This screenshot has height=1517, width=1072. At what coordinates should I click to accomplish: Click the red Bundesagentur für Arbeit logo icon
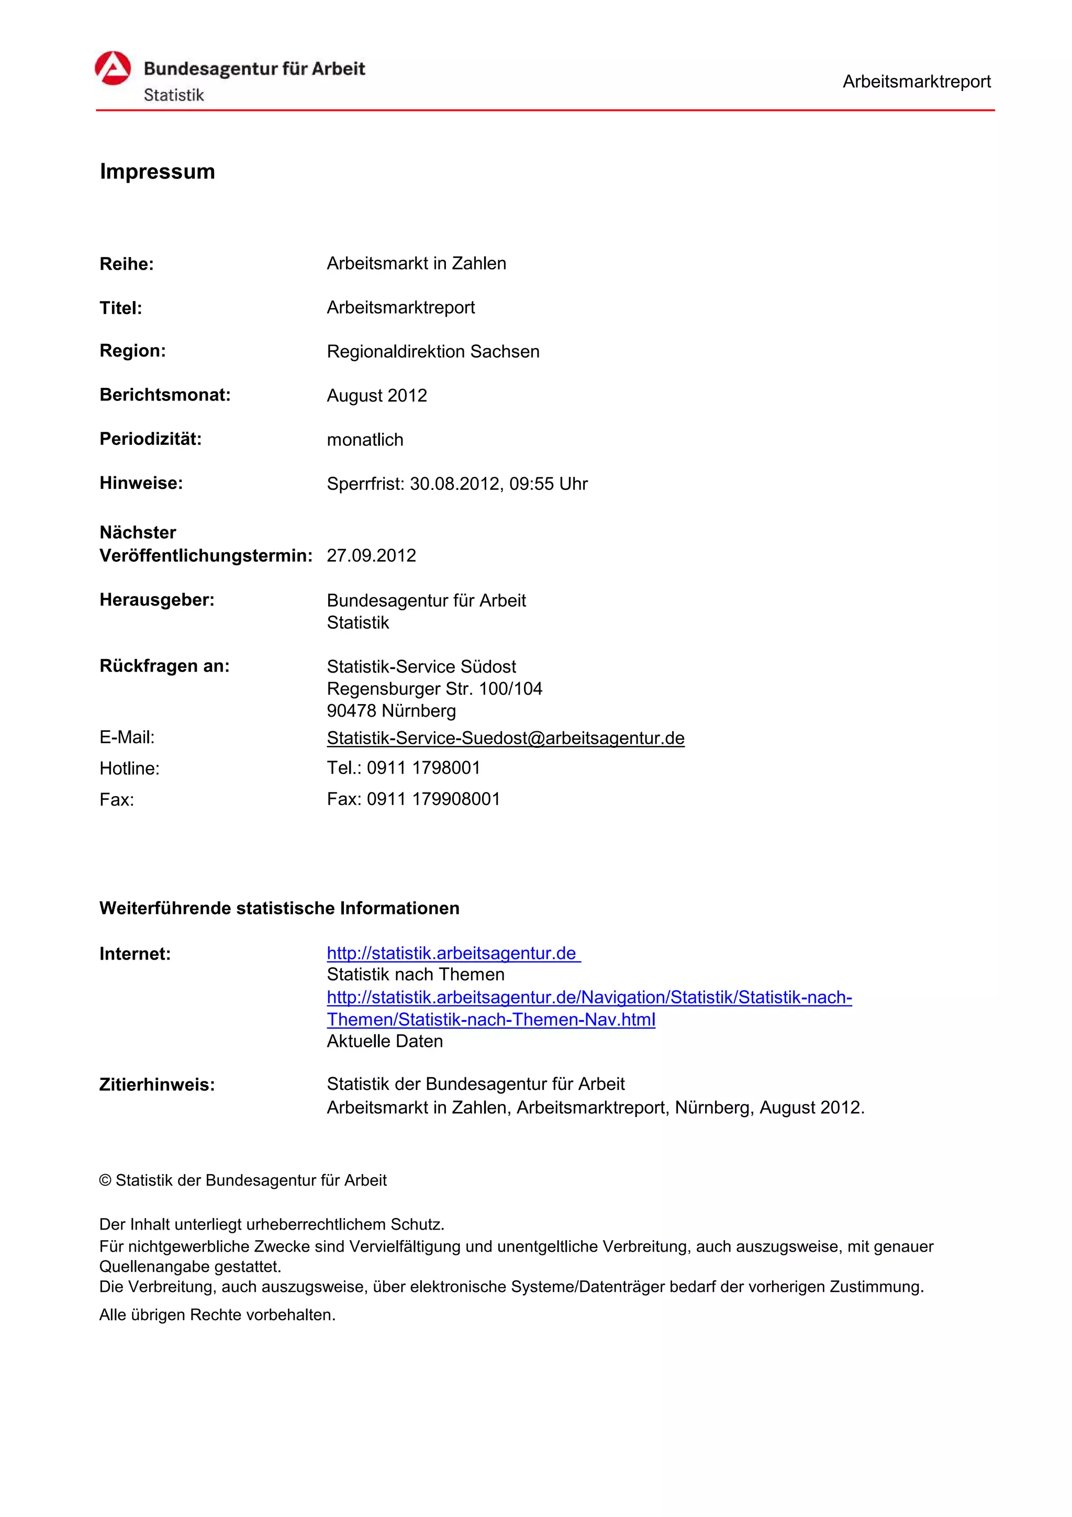point(113,69)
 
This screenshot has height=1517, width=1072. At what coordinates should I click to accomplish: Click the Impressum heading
point(157,172)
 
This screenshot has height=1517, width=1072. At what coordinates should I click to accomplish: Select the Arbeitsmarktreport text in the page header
point(916,82)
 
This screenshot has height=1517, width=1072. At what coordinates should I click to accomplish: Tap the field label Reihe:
point(126,264)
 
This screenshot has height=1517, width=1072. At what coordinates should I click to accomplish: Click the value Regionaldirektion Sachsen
point(433,351)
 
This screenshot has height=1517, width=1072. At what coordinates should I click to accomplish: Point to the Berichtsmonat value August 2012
point(376,396)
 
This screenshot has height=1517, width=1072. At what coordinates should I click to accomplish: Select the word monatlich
point(365,440)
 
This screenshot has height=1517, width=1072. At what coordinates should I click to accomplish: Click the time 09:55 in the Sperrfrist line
point(531,484)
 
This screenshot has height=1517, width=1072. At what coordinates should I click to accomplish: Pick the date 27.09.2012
point(371,556)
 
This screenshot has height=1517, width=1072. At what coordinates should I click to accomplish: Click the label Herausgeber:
point(157,600)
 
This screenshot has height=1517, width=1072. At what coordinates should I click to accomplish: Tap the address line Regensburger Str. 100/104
point(434,689)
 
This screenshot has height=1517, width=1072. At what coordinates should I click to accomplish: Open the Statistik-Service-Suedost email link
point(505,738)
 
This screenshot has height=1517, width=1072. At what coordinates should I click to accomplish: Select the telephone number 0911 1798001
point(423,768)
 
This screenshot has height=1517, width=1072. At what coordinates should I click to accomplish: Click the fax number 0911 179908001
point(433,799)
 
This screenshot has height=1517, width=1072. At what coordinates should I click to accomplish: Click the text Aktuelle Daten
point(384,1041)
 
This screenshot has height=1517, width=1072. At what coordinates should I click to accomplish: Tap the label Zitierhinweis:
point(157,1085)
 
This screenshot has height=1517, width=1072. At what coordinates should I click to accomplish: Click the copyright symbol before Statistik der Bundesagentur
point(105,1180)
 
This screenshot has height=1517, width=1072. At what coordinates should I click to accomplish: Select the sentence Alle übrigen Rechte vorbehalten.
point(217,1315)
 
